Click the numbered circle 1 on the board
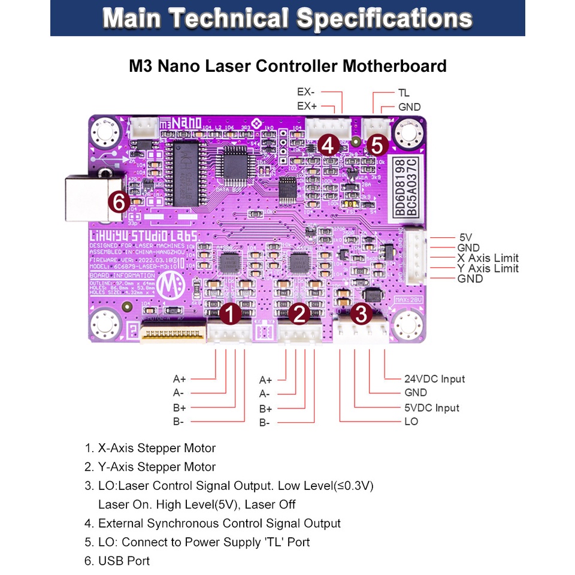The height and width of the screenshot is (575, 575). (x=231, y=313)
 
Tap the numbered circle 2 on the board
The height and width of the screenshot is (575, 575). (x=301, y=313)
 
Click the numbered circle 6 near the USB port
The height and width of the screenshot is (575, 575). (x=119, y=202)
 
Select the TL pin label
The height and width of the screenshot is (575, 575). (x=404, y=93)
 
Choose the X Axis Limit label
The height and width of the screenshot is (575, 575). (x=488, y=258)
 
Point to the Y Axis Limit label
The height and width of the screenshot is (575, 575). (x=488, y=268)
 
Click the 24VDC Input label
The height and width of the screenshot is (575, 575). (x=434, y=379)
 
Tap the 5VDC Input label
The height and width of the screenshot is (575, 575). (x=431, y=408)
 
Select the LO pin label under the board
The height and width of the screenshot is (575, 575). (x=411, y=422)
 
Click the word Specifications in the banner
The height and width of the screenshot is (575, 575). (x=385, y=19)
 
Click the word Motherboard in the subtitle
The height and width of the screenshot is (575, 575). (x=395, y=66)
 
